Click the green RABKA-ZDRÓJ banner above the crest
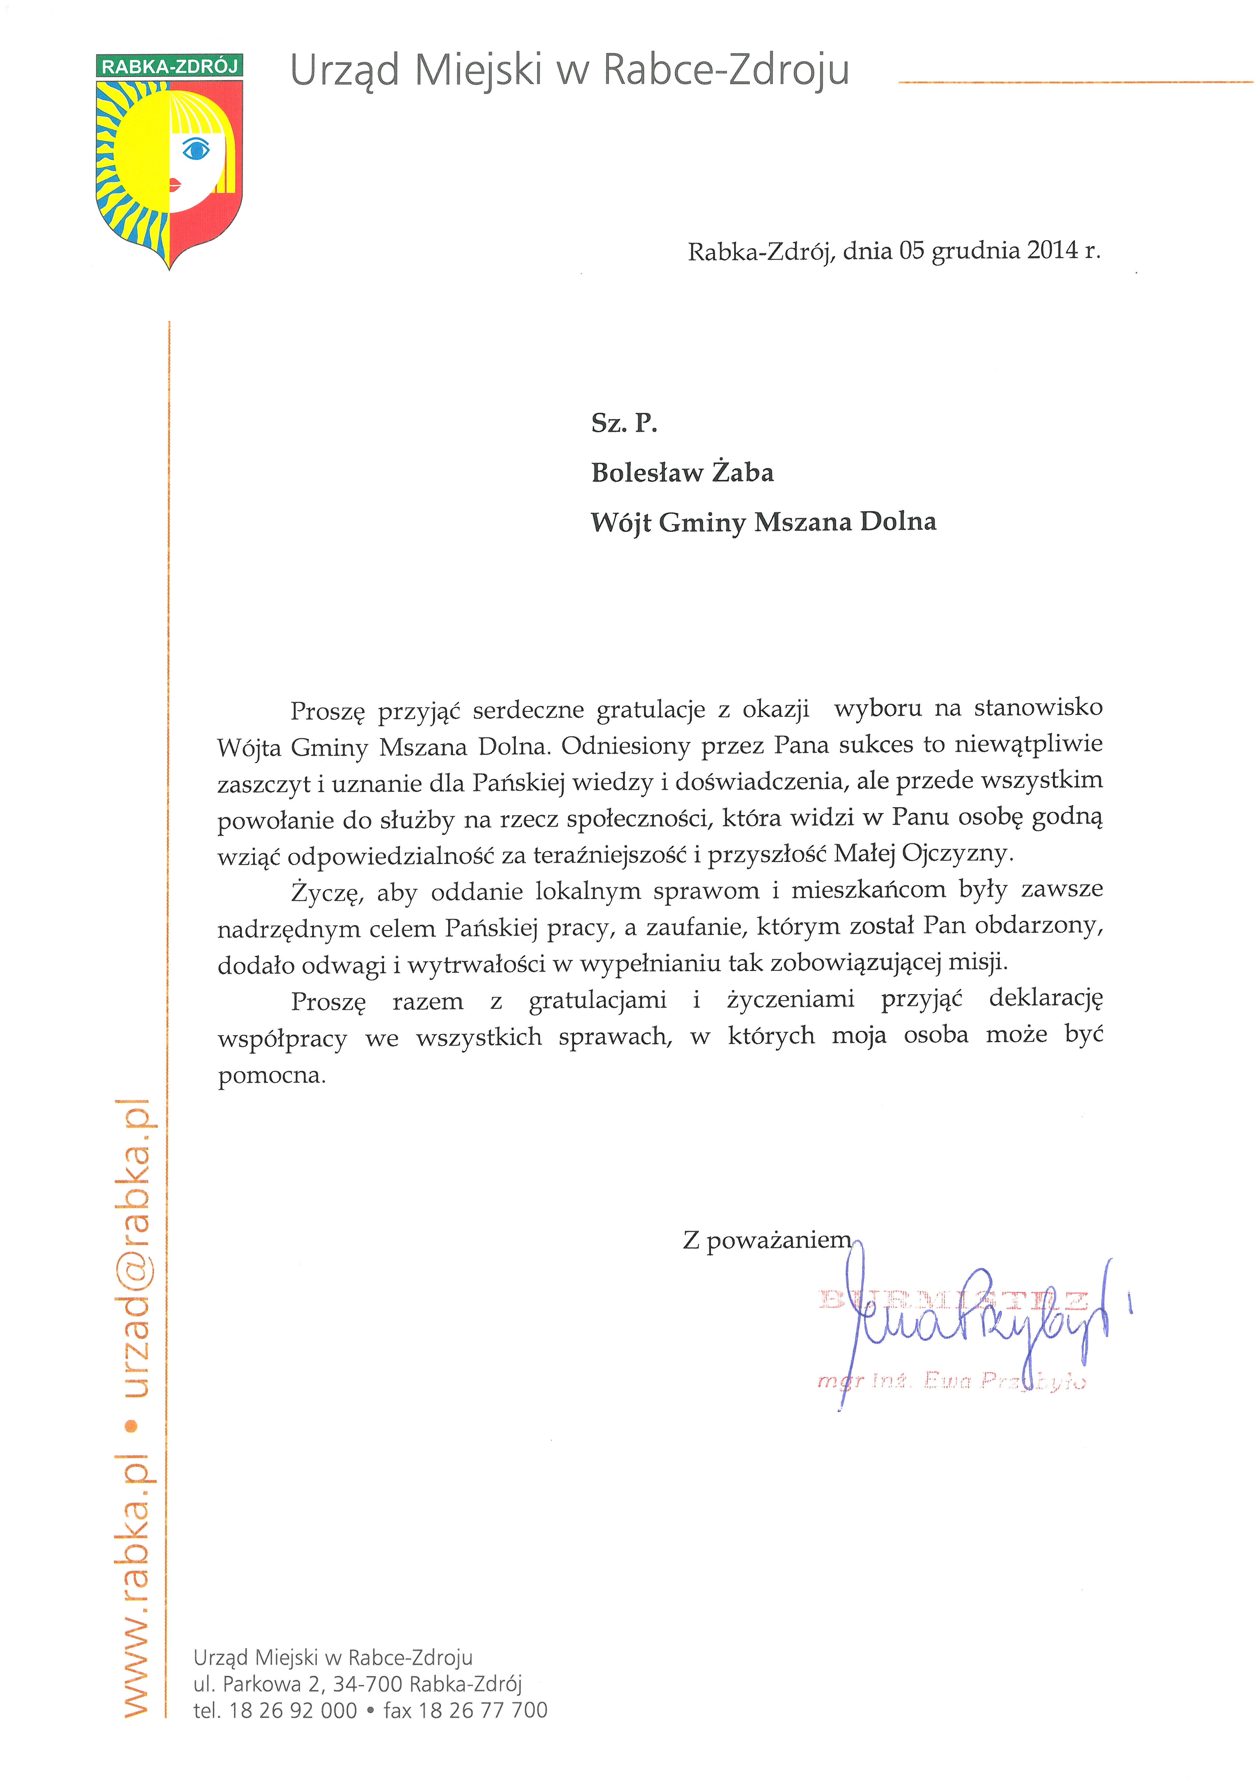169,66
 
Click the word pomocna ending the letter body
272,1076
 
